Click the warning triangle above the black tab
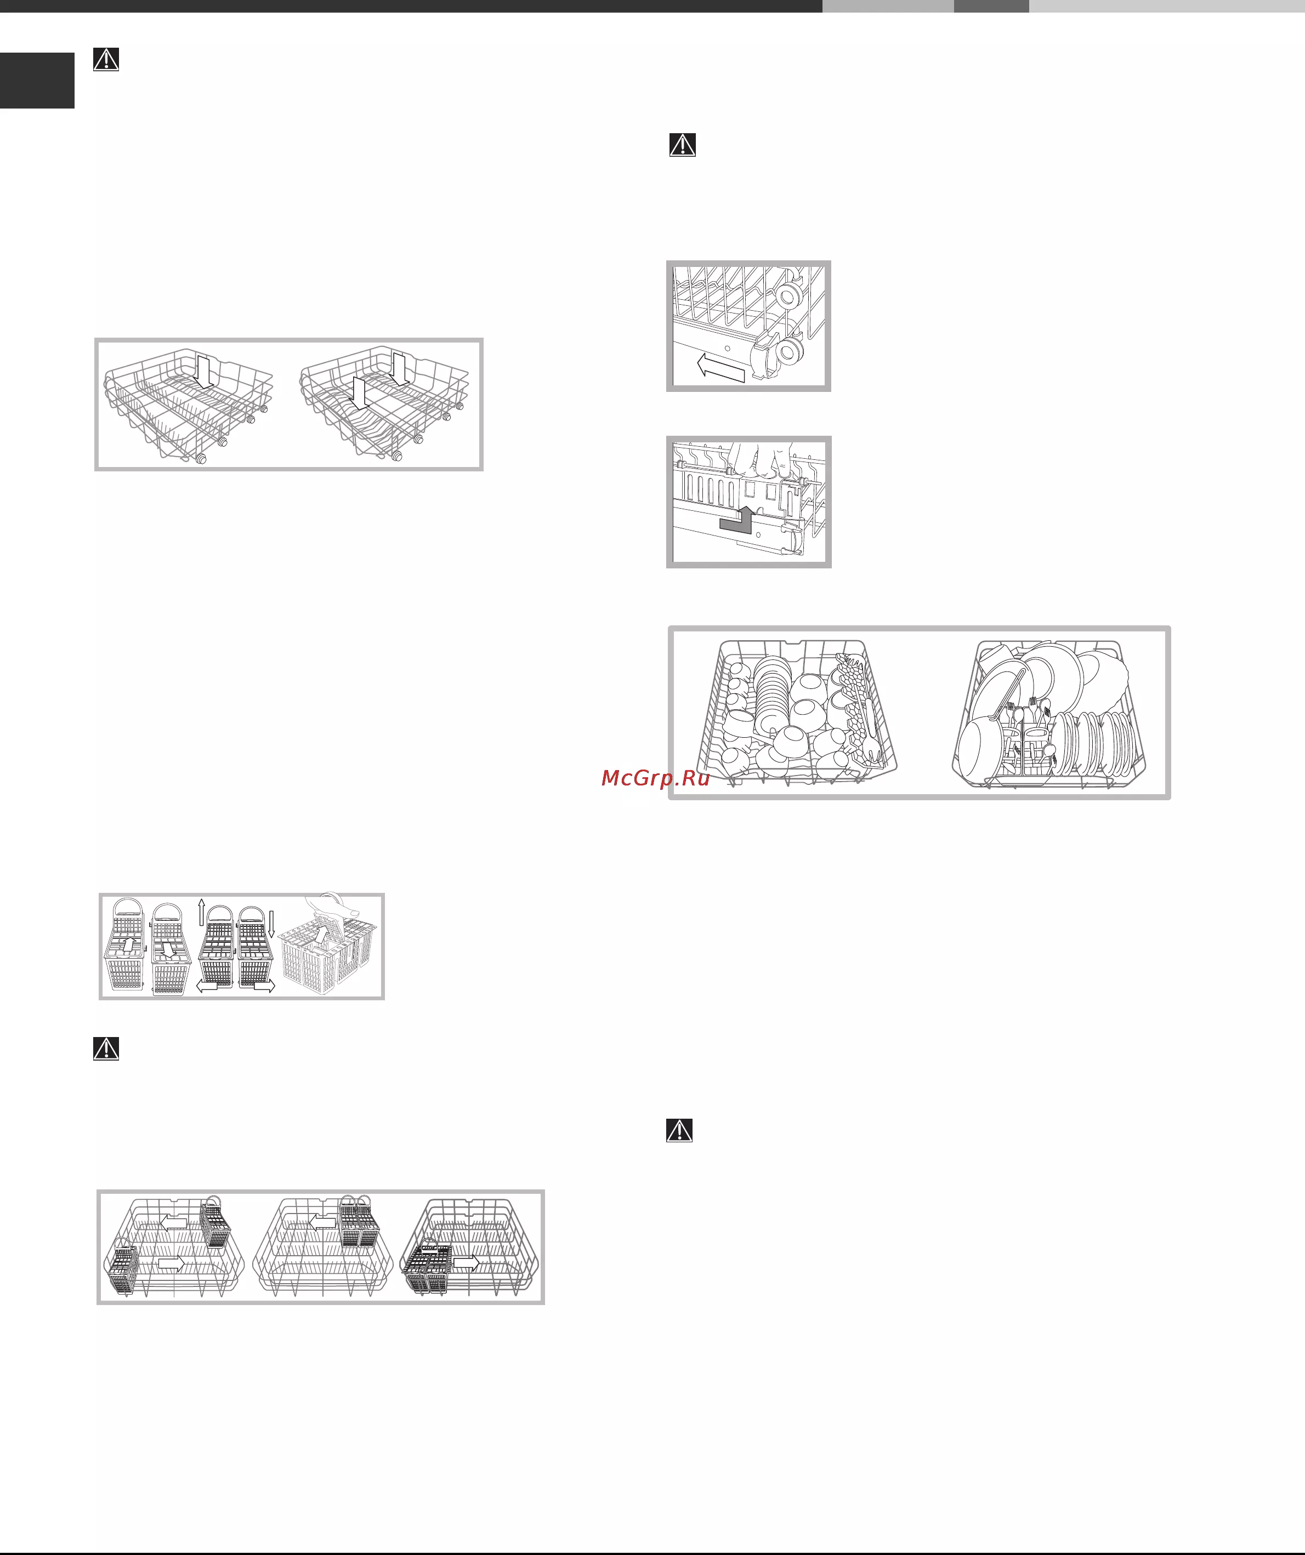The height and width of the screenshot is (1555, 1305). coord(106,59)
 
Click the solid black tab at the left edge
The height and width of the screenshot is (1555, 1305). coord(37,81)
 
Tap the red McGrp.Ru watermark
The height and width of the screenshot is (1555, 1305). coord(655,778)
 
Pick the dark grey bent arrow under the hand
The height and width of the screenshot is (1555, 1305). coord(737,520)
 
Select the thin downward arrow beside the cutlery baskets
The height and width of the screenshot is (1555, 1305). coord(271,925)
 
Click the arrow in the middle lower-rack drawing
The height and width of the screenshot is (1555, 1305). coord(322,1222)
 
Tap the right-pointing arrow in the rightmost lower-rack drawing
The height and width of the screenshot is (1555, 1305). coord(467,1262)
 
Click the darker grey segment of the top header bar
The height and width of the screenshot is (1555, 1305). coord(991,6)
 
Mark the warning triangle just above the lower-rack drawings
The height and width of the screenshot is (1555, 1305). coord(106,1049)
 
